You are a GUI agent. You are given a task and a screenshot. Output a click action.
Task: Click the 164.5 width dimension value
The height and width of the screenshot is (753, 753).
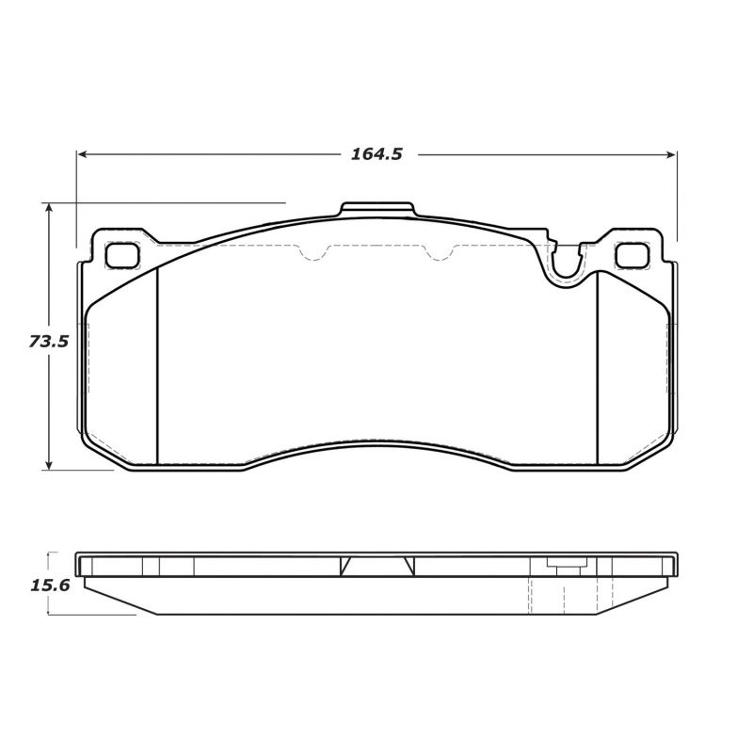376,154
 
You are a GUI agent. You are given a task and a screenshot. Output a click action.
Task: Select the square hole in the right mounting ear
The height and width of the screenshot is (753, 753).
629,254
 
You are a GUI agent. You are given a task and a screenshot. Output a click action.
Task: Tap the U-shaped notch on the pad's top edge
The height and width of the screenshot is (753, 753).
565,263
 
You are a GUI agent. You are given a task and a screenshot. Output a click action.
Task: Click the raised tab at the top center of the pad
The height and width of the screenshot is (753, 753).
376,209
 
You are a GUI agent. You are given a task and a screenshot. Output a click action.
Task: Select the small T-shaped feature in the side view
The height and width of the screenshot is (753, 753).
564,567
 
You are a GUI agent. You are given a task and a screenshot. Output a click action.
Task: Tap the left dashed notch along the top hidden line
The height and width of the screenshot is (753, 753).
313,252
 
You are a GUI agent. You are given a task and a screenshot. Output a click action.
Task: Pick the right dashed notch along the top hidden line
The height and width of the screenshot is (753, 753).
441,252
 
